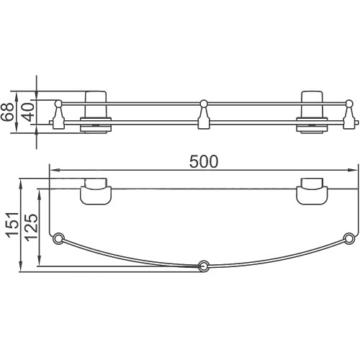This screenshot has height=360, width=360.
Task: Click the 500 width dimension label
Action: pyautogui.click(x=204, y=161)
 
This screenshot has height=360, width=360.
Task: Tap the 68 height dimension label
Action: pyautogui.click(x=6, y=112)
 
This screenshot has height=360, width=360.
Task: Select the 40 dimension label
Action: pyautogui.click(x=28, y=112)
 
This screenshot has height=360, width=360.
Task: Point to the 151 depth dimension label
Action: pyautogui.click(x=12, y=225)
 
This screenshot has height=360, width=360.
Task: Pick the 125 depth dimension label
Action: pyautogui.click(x=32, y=228)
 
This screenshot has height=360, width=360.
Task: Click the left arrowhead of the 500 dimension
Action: pyautogui.click(x=54, y=170)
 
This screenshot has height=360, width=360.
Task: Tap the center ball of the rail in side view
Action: pyautogui.click(x=204, y=104)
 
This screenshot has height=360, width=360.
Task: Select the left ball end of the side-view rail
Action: pyautogui.click(x=58, y=104)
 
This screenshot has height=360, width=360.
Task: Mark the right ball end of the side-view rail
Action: pyautogui.click(x=349, y=104)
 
